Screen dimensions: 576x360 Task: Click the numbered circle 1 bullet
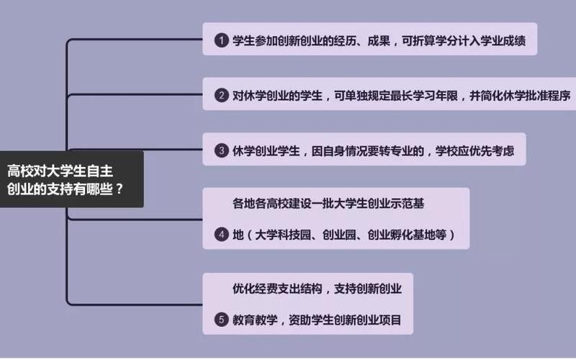click(x=221, y=40)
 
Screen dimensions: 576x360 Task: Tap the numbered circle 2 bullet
click(x=221, y=96)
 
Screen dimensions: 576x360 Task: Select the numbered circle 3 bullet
click(x=221, y=150)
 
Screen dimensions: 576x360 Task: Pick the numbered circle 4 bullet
click(x=221, y=235)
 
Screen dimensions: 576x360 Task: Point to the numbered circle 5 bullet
click(x=221, y=320)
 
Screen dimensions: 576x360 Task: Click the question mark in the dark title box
click(x=119, y=189)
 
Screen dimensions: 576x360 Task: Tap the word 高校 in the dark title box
click(x=19, y=171)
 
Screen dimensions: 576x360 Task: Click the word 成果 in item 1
click(x=379, y=40)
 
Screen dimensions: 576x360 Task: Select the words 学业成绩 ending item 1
click(x=503, y=40)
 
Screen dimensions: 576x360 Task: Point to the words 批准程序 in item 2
click(x=548, y=96)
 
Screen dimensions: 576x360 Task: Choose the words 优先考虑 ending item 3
click(x=492, y=151)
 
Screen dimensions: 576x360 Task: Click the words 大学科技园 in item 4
click(x=283, y=235)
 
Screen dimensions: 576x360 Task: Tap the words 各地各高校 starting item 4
click(x=261, y=203)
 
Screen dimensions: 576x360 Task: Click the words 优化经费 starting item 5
click(x=255, y=289)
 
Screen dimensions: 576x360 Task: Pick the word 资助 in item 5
click(x=300, y=320)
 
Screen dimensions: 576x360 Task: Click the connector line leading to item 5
click(x=135, y=305)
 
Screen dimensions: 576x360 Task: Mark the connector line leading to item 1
click(x=135, y=39)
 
